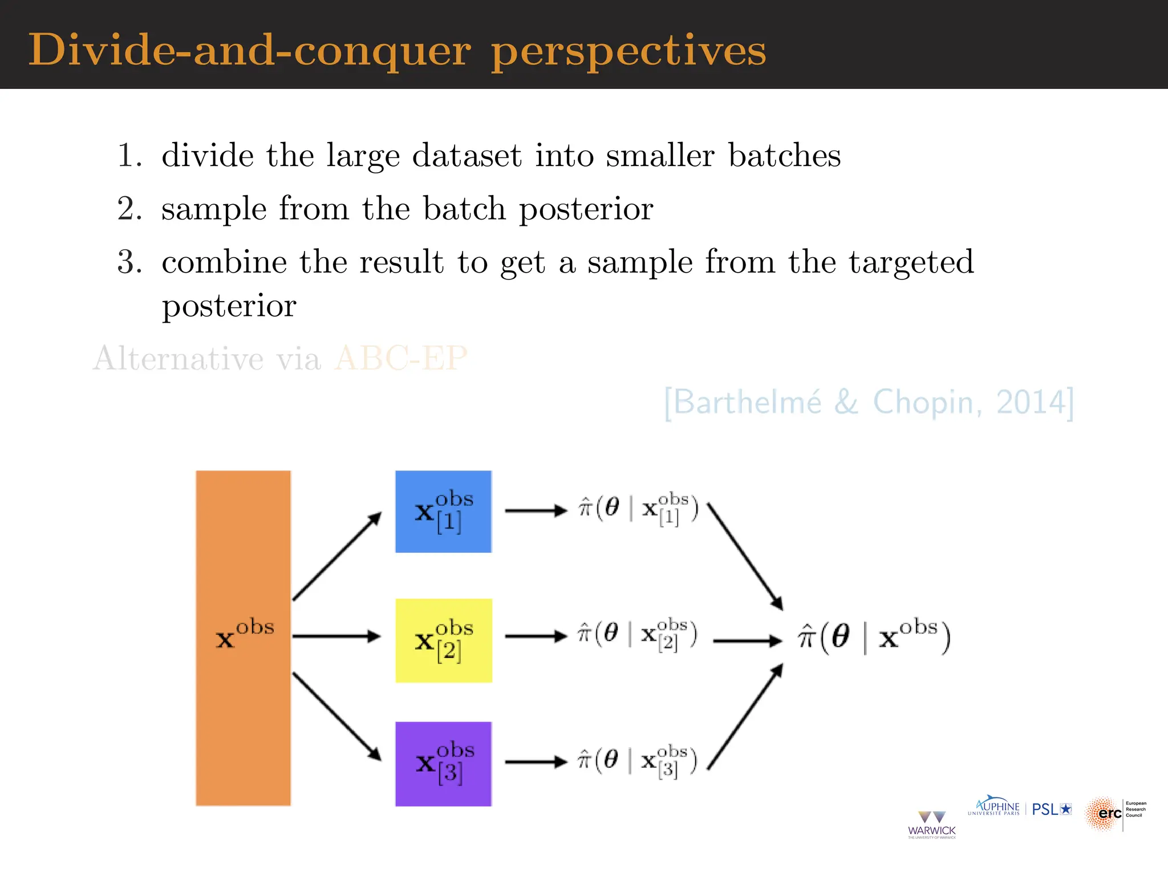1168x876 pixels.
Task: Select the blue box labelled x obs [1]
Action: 443,511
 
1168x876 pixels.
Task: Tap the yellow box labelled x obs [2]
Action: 443,640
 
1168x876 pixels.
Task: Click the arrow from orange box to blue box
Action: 336,556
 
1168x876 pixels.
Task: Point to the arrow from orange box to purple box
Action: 336,716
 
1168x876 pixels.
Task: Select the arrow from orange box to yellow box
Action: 336,636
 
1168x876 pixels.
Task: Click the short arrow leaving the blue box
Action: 536,510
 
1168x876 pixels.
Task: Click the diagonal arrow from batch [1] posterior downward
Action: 744,556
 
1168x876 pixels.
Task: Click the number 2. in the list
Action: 129,209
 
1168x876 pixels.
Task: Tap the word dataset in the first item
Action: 467,156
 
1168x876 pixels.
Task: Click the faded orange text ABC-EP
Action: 401,358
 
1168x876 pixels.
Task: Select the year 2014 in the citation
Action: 1031,402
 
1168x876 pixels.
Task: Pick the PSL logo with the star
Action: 1052,809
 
